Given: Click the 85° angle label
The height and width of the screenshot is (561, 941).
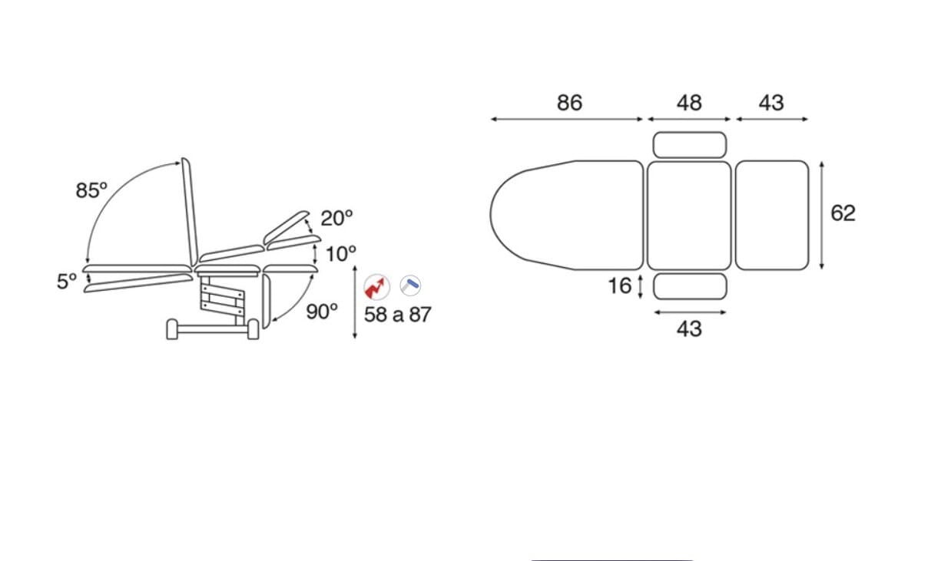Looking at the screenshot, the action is click(91, 190).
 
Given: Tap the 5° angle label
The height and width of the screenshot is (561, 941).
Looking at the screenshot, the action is click(67, 281).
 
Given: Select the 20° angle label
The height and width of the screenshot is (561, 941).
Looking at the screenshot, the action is click(336, 218).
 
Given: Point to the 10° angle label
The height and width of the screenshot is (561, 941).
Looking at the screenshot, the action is click(341, 254).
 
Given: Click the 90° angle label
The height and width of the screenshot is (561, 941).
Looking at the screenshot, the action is click(322, 312).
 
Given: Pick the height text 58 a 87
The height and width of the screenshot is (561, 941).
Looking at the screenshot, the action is click(397, 315).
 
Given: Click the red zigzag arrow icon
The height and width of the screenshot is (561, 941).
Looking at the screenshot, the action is click(376, 287).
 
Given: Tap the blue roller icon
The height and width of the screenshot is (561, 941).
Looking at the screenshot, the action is click(410, 285).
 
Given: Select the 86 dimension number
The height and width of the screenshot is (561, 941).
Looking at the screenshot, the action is click(570, 103).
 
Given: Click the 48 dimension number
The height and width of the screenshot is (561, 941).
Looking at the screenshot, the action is click(689, 103).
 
